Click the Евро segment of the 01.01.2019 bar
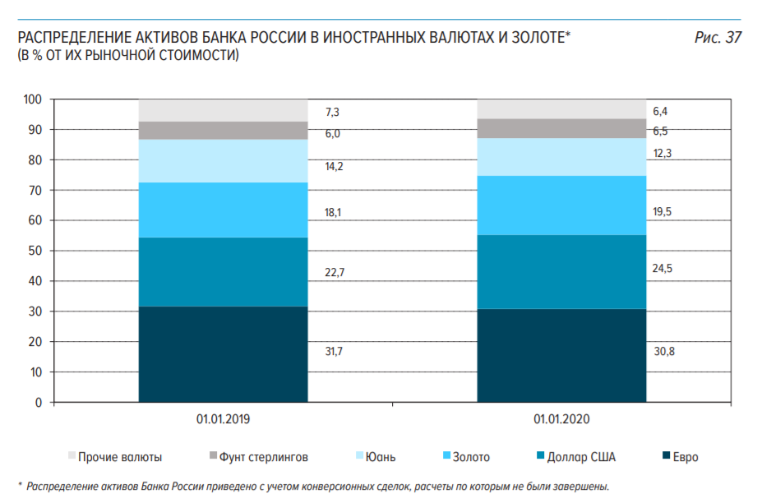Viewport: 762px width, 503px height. (x=222, y=354)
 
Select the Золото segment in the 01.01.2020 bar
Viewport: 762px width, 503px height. (x=561, y=205)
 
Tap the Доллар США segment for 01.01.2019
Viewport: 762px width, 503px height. (x=222, y=272)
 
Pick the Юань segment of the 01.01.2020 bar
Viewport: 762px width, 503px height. (x=561, y=157)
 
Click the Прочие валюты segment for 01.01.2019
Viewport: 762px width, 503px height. (x=222, y=110)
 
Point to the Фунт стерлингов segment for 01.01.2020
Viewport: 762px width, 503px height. (x=561, y=128)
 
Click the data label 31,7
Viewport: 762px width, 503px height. (x=334, y=352)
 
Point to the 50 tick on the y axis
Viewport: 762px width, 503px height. (x=35, y=251)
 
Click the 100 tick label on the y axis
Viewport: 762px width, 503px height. (x=32, y=99)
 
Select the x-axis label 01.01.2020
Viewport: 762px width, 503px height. (x=561, y=419)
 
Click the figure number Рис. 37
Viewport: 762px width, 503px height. (x=718, y=37)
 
